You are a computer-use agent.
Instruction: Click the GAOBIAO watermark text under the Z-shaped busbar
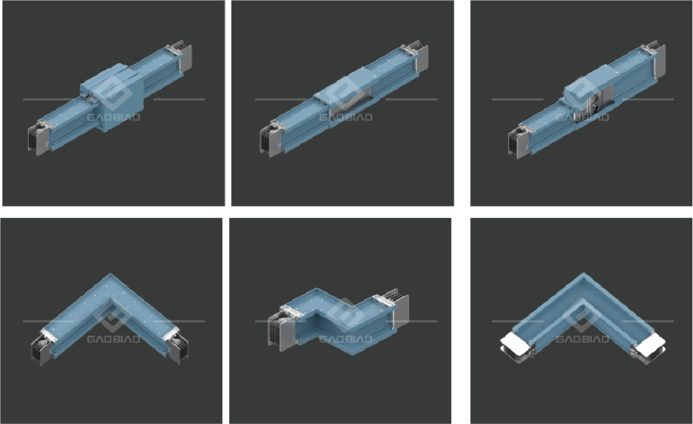click(x=346, y=339)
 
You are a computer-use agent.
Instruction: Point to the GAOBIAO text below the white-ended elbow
click(x=583, y=339)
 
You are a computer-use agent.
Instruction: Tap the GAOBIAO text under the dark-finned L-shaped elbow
click(x=114, y=339)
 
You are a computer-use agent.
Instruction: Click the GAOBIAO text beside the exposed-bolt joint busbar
click(x=583, y=117)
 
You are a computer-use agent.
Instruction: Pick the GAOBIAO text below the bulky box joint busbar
click(x=114, y=117)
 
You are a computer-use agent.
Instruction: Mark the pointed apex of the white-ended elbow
click(x=583, y=274)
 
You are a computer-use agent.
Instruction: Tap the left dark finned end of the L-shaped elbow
click(x=42, y=349)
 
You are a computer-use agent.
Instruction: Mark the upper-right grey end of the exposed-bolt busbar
click(x=658, y=60)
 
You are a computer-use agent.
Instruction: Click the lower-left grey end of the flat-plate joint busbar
click(x=271, y=140)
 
